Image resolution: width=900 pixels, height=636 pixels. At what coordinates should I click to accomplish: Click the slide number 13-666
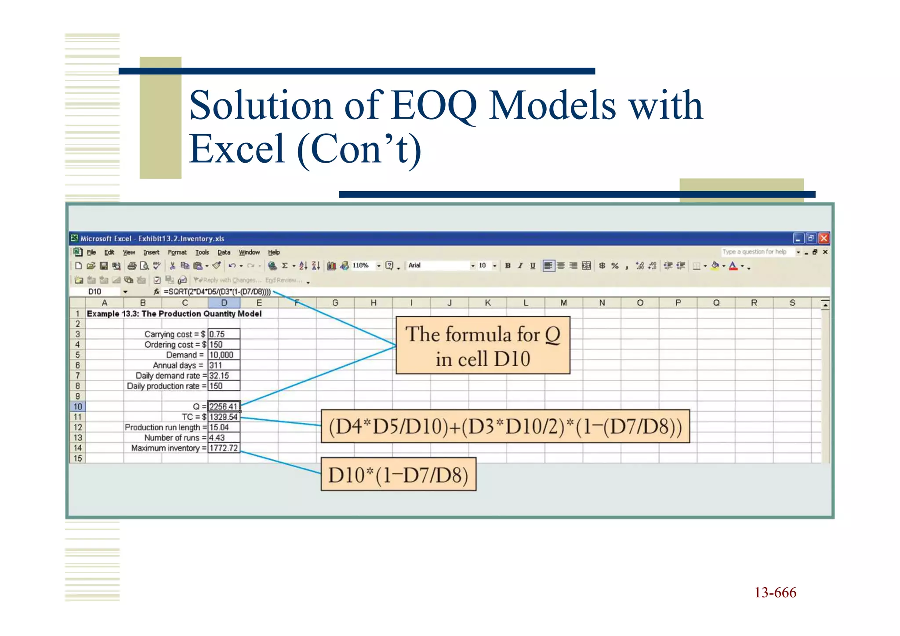point(775,592)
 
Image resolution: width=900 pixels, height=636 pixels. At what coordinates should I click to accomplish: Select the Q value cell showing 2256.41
point(223,407)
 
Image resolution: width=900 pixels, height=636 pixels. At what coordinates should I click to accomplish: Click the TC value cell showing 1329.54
point(223,417)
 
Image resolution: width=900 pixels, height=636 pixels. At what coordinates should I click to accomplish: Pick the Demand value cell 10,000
point(223,355)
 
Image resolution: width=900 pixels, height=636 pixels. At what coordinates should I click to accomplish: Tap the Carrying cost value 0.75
point(223,334)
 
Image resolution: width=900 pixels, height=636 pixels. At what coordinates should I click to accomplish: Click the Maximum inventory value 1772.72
point(223,448)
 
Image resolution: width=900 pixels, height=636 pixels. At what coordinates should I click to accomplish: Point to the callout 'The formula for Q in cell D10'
point(483,346)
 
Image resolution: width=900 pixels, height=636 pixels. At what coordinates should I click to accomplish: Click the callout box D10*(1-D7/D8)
point(398,475)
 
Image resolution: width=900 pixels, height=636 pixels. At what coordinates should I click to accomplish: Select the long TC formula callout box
point(505,426)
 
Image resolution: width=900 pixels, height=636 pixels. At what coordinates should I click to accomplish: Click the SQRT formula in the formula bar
point(217,292)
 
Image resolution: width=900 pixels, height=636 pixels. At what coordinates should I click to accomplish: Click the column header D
point(224,303)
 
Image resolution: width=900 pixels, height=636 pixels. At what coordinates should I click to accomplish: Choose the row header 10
point(78,407)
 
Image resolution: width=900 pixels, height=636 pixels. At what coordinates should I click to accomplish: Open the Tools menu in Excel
point(202,252)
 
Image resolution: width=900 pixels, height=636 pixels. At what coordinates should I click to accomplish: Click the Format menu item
point(177,252)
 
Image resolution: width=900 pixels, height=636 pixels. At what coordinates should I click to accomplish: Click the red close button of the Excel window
point(824,238)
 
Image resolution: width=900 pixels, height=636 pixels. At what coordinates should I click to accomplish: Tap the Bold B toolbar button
point(508,265)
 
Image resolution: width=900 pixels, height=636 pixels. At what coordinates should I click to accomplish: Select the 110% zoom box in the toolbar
point(361,265)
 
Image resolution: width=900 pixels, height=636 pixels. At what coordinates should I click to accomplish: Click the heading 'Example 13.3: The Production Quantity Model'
point(174,314)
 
